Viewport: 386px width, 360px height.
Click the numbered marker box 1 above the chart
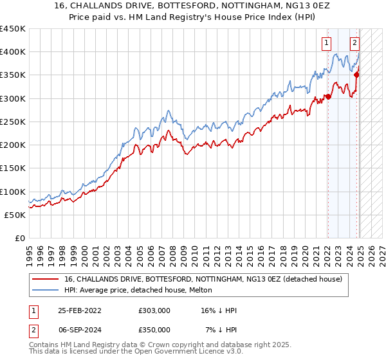coord(327,44)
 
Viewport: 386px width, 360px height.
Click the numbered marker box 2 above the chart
coord(354,44)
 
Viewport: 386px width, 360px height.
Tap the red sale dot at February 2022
coord(327,97)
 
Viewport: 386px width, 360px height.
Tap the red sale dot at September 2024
coord(356,75)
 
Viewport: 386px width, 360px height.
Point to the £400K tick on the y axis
coord(14,52)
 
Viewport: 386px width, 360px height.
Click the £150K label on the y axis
coord(14,168)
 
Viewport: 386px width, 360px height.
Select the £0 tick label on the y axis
coord(21,239)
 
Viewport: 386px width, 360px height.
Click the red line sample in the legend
coord(46,278)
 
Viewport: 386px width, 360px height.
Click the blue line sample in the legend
coord(46,290)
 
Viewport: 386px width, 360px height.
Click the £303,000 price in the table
coord(154,310)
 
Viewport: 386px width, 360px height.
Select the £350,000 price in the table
coord(154,330)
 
